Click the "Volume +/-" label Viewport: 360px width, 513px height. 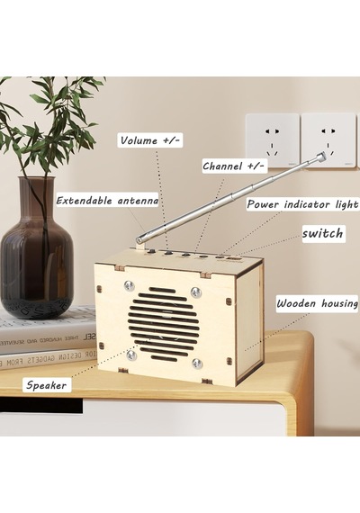tap(150, 140)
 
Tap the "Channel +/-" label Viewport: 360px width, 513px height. tap(234, 166)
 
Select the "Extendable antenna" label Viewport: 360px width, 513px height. tap(107, 200)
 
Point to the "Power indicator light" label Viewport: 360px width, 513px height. tap(302, 204)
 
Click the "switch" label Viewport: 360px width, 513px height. tap(323, 234)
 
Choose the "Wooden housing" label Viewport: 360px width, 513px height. tap(317, 303)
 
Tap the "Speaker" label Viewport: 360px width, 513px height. tap(46, 385)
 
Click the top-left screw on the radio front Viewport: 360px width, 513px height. tap(129, 286)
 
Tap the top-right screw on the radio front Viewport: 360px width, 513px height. tap(195, 292)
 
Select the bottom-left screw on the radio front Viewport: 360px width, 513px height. tap(131, 355)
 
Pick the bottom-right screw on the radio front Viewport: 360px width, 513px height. tap(196, 363)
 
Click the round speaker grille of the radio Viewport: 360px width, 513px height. tap(163, 324)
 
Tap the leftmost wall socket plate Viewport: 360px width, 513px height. tap(273, 140)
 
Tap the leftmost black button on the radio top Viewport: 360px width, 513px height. tap(152, 251)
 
